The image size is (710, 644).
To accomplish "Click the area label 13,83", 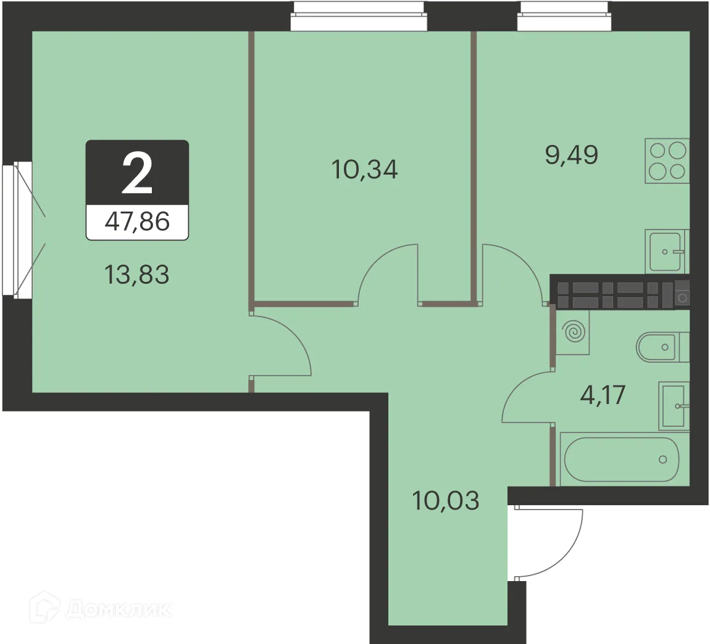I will [x=137, y=275].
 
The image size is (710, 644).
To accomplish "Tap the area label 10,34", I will [x=364, y=168].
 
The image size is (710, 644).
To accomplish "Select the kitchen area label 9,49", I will [x=571, y=155].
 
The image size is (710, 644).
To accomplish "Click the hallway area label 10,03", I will [x=446, y=500].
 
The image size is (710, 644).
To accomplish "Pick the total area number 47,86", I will [x=137, y=221].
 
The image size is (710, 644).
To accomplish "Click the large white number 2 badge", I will [x=137, y=173].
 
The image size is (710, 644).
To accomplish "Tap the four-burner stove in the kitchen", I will [x=667, y=160].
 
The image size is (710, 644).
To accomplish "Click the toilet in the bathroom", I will [x=661, y=347].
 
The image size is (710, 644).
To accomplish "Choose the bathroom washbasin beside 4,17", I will [x=673, y=405].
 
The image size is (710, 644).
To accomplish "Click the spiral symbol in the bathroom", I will [x=573, y=332].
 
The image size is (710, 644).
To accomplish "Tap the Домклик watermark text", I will [x=117, y=610].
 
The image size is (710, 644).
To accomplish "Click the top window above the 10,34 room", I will [x=359, y=16].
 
